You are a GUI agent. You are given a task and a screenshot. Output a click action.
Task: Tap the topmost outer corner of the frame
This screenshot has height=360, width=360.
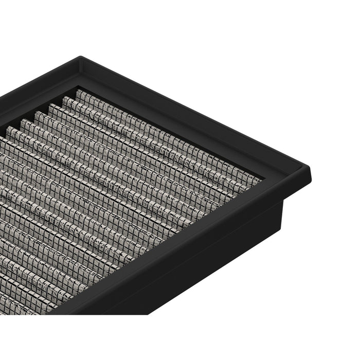81,57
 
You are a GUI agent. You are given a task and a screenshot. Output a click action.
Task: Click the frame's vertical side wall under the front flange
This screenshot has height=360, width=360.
206,267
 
